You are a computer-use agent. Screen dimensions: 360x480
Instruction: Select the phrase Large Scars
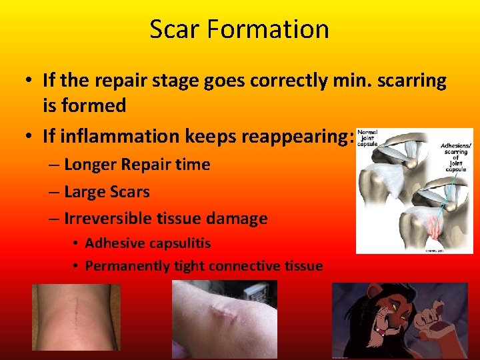[x=107, y=191]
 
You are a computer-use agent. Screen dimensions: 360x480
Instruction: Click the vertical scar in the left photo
[x=79, y=313]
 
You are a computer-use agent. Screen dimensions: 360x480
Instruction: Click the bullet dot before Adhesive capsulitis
[x=77, y=243]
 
